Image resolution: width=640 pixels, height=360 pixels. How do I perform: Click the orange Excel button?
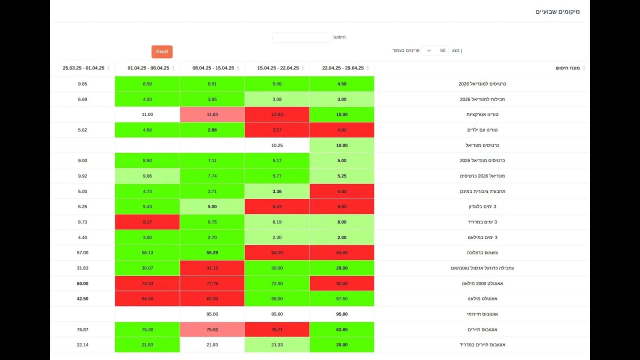pos(162,51)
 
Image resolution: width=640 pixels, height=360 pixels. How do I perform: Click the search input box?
pos(302,37)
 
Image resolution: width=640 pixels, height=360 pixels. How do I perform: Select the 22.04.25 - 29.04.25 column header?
pos(342,68)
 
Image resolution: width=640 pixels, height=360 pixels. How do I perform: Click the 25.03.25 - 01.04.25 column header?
pos(83,68)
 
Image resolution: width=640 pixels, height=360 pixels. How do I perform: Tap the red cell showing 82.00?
pos(342,283)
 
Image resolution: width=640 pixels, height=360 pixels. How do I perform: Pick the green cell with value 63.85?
pos(342,329)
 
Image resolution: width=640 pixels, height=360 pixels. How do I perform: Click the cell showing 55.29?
pos(212,252)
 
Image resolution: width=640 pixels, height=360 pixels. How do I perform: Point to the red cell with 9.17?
pos(147,222)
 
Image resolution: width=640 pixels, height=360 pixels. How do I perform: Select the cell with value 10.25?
pos(277,145)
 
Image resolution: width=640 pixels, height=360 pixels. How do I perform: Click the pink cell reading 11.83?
pos(212,114)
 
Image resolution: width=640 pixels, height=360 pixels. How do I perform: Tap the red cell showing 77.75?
pos(212,283)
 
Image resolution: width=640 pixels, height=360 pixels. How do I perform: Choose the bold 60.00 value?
pos(82,283)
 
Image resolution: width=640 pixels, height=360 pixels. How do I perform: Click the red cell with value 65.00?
pos(342,252)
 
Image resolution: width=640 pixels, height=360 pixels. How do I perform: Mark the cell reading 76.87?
pos(82,329)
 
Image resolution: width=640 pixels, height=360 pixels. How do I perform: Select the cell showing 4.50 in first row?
pos(342,84)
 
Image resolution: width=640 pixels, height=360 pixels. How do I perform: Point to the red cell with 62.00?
pos(212,298)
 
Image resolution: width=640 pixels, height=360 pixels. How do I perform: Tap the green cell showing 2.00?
pos(342,237)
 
